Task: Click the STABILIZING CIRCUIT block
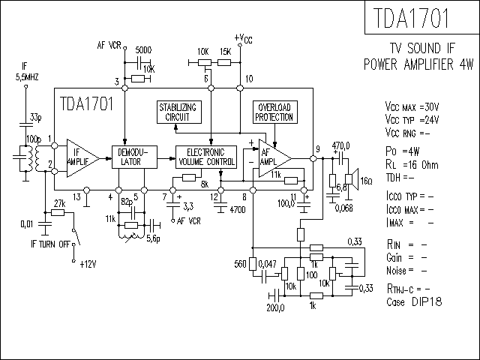pos(179,112)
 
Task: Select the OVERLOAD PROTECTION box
pos(275,112)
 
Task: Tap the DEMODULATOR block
pos(134,157)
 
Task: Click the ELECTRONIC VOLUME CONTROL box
pos(206,157)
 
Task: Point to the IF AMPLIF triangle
pos(80,158)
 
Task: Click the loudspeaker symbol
pos(352,179)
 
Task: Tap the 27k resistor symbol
pos(58,212)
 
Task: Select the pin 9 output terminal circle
pos(313,158)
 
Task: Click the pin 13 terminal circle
pos(87,190)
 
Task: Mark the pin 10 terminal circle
pos(240,88)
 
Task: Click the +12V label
pos(88,264)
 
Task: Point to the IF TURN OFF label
pos(50,244)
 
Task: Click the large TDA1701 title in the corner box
pos(411,18)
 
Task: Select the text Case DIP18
pos(414,301)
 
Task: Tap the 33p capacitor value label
pos(35,117)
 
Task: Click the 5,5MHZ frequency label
pos(27,77)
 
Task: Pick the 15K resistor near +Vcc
pos(224,63)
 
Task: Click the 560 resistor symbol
pos(252,264)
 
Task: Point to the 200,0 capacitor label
pos(275,307)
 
